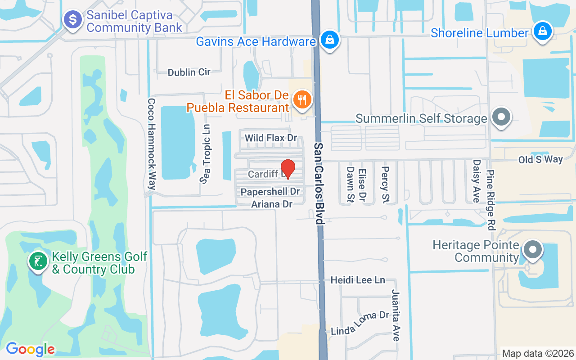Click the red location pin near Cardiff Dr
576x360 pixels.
[x=288, y=169]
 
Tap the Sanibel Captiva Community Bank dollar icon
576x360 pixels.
[x=72, y=20]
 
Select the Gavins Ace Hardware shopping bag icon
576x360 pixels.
[x=330, y=40]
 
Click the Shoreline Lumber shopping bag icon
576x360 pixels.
[x=543, y=31]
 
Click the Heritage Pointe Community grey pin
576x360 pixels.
[x=533, y=249]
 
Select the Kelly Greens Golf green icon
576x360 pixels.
[x=38, y=261]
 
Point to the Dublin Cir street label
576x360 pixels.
[x=189, y=72]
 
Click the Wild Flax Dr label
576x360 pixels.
[x=271, y=138]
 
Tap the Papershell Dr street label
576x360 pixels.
[x=270, y=192]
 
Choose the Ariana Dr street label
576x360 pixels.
[x=272, y=204]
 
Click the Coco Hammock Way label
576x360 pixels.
[x=151, y=144]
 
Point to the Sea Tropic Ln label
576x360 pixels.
[x=206, y=154]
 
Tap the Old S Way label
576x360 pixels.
[x=540, y=159]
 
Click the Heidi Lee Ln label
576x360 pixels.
[x=358, y=280]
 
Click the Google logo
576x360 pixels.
[x=30, y=349]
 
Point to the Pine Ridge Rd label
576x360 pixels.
[x=490, y=200]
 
